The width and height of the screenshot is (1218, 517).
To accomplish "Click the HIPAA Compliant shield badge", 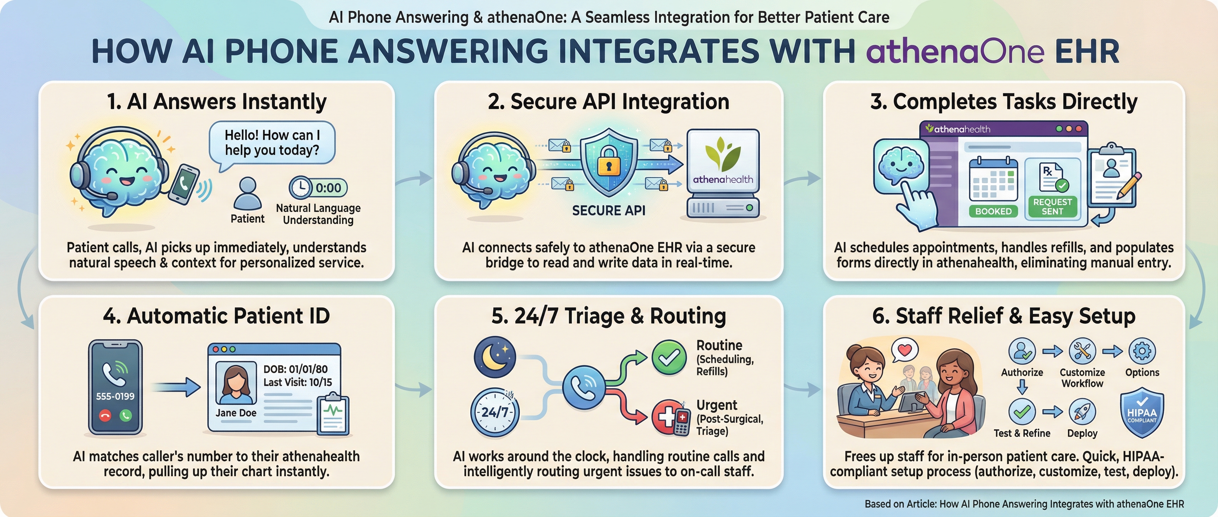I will click(1141, 413).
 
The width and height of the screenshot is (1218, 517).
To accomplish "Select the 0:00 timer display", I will click(318, 188).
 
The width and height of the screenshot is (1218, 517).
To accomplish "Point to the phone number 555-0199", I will click(115, 396).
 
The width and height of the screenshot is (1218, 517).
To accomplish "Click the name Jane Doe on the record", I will click(236, 413).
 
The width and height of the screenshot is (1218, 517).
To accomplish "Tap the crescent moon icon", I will click(494, 356).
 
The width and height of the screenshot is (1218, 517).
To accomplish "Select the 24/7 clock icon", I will click(494, 412).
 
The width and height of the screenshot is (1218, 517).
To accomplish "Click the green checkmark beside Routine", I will click(669, 357).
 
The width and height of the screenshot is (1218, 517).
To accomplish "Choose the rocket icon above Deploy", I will click(1082, 412).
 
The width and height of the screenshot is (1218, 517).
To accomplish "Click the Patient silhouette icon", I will click(247, 194).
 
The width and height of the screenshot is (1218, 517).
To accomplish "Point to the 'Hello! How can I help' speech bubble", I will click(272, 143).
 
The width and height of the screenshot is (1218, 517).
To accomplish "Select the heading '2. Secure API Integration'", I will click(609, 102).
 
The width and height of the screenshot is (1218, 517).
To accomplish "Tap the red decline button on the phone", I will click(105, 416).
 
